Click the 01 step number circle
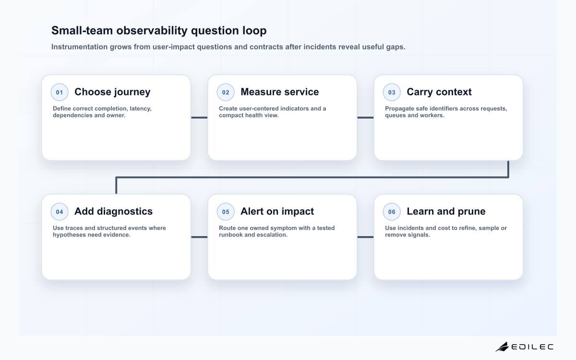coord(60,92)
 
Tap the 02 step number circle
coord(226,92)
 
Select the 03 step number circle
coord(392,92)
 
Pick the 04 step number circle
coord(60,212)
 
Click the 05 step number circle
coord(226,212)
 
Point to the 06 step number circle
coord(392,212)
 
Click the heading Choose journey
coord(112,92)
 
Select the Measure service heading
coord(279,92)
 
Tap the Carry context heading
coord(439,92)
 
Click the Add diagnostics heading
coord(113,211)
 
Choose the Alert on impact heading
coord(277,211)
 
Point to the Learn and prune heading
coord(446,211)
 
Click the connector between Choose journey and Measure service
coord(199,118)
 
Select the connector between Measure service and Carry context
coord(365,118)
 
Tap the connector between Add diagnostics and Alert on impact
coord(199,237)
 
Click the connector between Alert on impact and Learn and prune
coord(365,237)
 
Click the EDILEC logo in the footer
coord(524,347)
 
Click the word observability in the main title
coord(152,31)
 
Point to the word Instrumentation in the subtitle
coord(79,47)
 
